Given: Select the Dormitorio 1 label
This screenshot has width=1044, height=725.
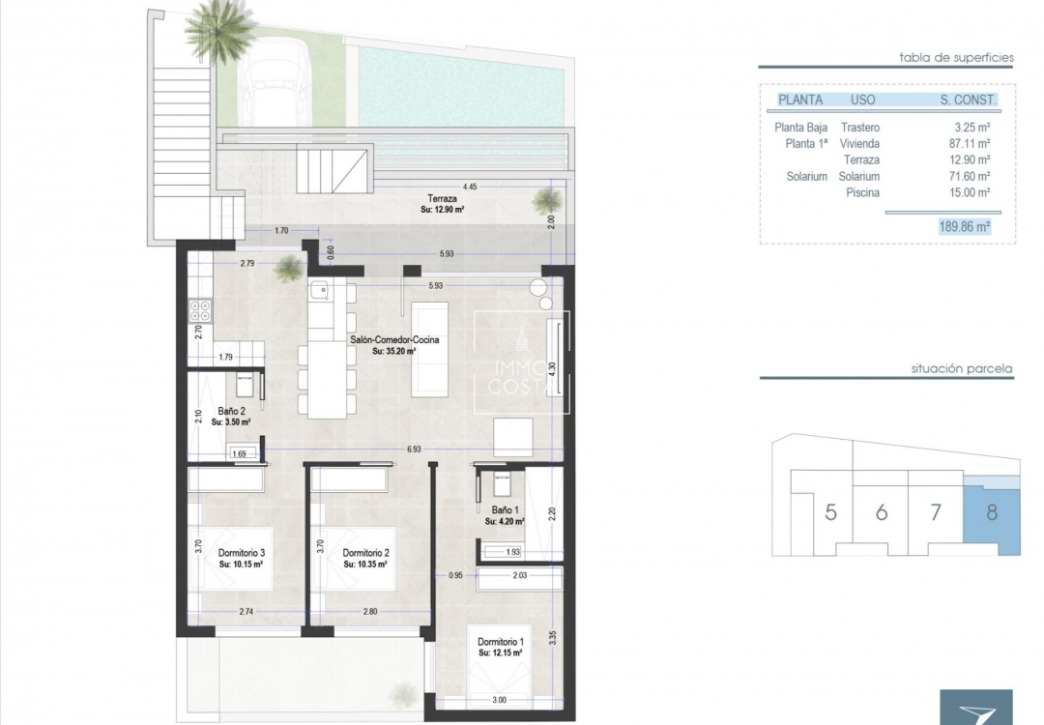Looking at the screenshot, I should pos(502,642).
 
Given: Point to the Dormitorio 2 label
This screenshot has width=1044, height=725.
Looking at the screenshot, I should pos(365,553).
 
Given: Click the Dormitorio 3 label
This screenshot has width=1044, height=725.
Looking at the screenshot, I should pos(241,553).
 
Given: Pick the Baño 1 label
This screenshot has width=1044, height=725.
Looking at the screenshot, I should pos(504,509).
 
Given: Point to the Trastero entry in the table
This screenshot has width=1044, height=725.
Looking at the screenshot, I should pos(859,127).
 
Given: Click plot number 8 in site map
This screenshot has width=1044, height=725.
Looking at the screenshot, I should pos(992,511).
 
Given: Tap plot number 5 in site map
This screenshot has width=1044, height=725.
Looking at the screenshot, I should pos(830,512).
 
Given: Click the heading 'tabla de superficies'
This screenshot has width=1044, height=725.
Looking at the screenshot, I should pos(955,57).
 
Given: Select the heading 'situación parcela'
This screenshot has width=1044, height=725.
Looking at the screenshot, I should pos(961,368).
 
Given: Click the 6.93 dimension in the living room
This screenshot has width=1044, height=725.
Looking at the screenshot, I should pos(414,449).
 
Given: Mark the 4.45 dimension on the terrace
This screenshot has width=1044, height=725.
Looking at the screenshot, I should pos(471,186).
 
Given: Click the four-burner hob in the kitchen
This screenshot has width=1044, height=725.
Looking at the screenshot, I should pos(201,310).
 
